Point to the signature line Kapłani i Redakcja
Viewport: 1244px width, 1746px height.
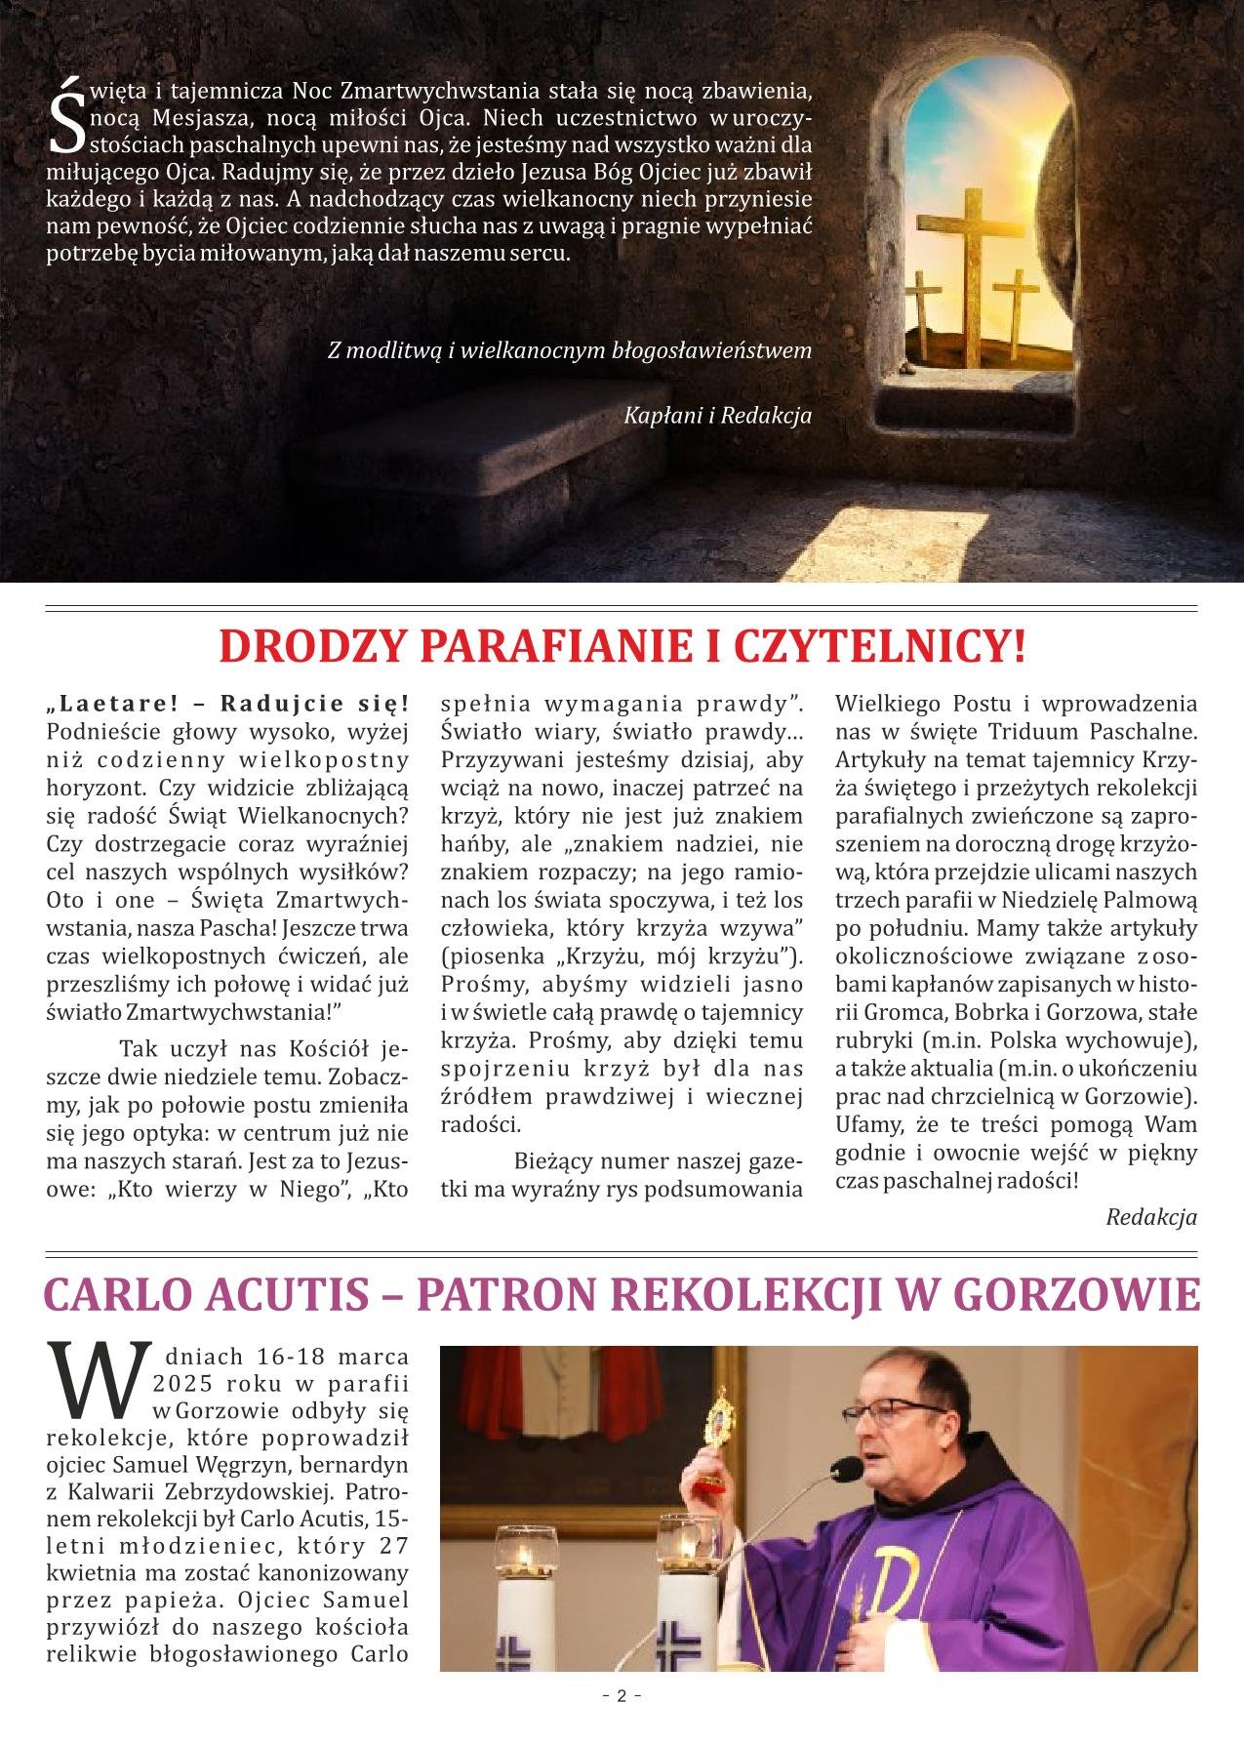[x=717, y=416]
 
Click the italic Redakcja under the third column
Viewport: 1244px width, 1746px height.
[x=1151, y=1217]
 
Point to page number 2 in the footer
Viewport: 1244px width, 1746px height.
[x=622, y=1723]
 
